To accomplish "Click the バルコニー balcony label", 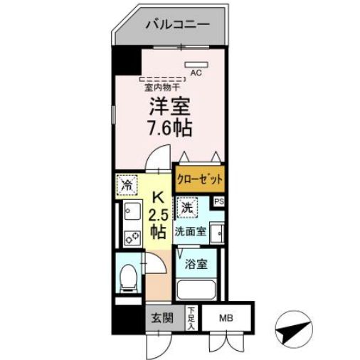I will [178, 24].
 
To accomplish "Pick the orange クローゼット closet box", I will [199, 179].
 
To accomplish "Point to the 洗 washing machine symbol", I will [186, 208].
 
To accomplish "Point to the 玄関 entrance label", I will [162, 318].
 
